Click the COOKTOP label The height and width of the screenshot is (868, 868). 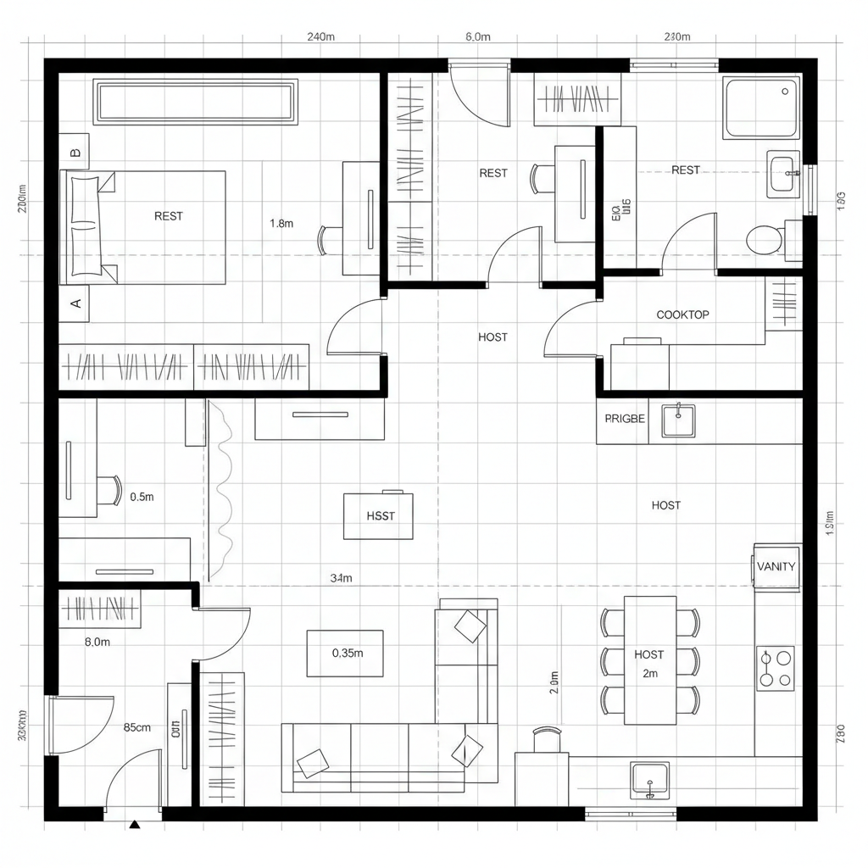coord(682,314)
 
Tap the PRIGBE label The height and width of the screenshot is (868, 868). coord(625,419)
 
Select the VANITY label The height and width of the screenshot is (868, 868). coord(776,567)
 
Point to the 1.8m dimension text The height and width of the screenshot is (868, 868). coord(281,224)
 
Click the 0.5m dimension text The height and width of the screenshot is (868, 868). coord(142,498)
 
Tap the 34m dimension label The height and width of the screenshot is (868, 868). coord(341,578)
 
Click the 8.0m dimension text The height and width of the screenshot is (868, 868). coord(97,642)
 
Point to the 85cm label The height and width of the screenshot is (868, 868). coord(137,727)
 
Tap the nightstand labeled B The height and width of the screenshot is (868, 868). coord(75,153)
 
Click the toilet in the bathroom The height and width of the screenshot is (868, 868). coord(765,239)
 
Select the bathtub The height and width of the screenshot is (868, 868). coord(761,108)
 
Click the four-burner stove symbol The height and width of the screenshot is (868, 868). coord(776,668)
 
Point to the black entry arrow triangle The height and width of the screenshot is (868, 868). coord(134,823)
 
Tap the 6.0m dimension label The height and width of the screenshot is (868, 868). coord(478,37)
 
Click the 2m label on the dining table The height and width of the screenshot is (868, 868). coord(650,673)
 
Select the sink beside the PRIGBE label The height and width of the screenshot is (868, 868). coord(678,420)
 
